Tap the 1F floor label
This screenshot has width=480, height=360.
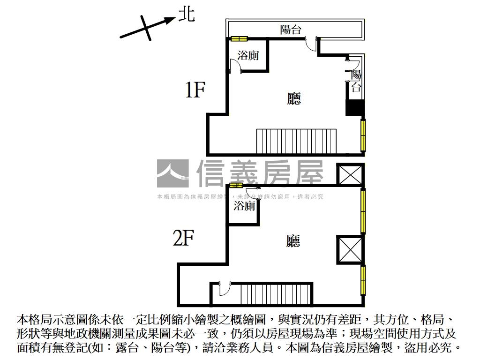pos(195,90)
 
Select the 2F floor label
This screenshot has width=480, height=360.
pos(183,239)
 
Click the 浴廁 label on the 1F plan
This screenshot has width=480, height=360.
pos(248,55)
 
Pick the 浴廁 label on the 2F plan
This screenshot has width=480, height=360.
pos(244,206)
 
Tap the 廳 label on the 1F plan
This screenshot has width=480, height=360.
pos(294,98)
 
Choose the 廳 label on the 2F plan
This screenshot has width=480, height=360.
pos(293,241)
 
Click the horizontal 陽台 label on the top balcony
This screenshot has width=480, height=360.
pos(290,30)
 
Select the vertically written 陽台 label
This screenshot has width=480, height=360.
pos(356,81)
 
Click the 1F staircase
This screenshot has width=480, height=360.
pos(296,141)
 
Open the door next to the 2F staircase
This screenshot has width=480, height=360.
pos(224,288)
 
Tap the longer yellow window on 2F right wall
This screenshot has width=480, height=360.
pos(363,210)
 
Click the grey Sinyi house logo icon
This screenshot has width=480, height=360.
pos(173,173)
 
